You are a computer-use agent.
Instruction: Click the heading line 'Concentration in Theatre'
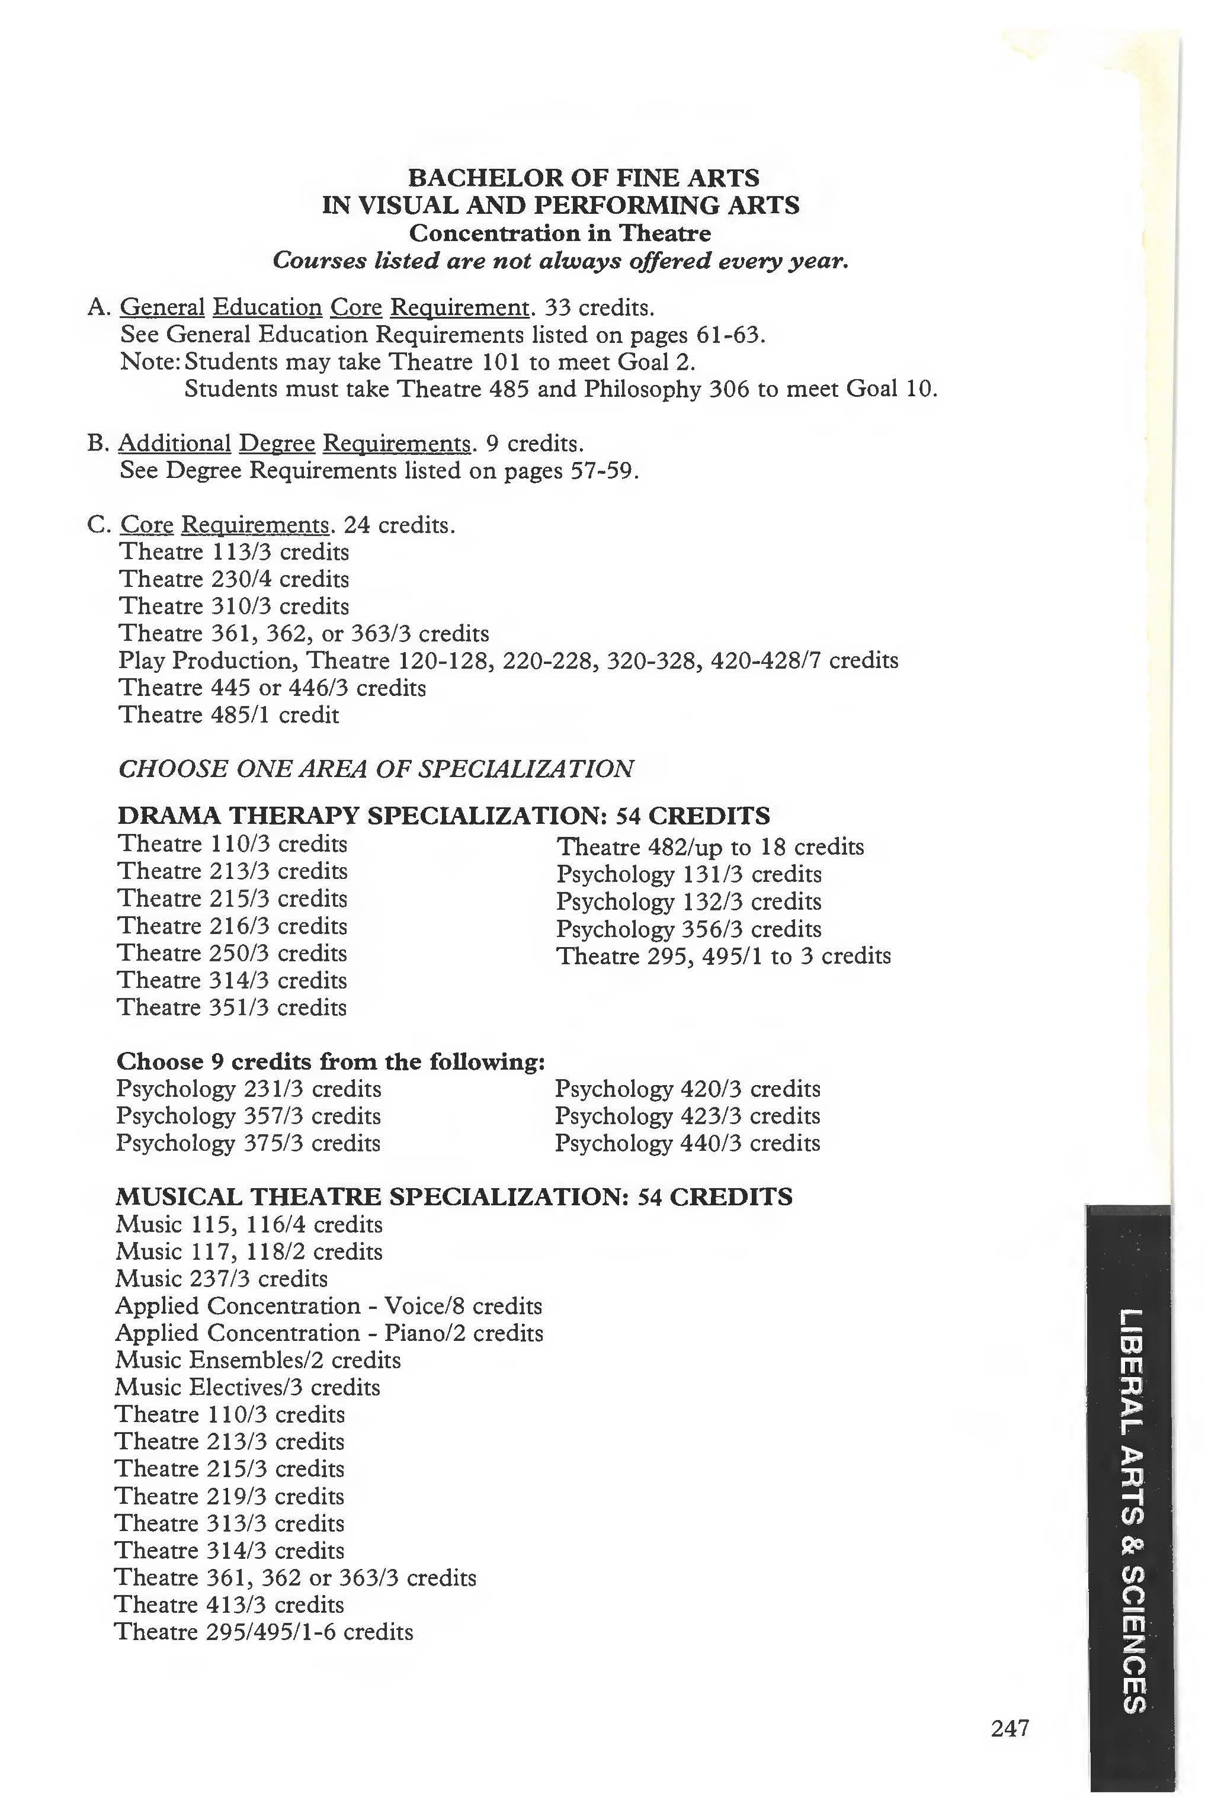(x=559, y=233)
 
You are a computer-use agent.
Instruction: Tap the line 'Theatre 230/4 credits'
(x=233, y=579)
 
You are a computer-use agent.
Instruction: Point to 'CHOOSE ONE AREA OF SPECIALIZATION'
(x=376, y=768)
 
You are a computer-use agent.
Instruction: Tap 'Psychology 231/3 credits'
(x=248, y=1089)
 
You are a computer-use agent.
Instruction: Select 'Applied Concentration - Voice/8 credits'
(x=328, y=1305)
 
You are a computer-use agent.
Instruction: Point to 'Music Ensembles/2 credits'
(x=258, y=1360)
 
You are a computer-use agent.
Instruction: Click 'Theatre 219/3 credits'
(x=229, y=1496)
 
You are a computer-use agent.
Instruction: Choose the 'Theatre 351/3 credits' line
(x=231, y=1007)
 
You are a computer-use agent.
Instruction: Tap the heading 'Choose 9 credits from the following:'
(x=331, y=1062)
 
